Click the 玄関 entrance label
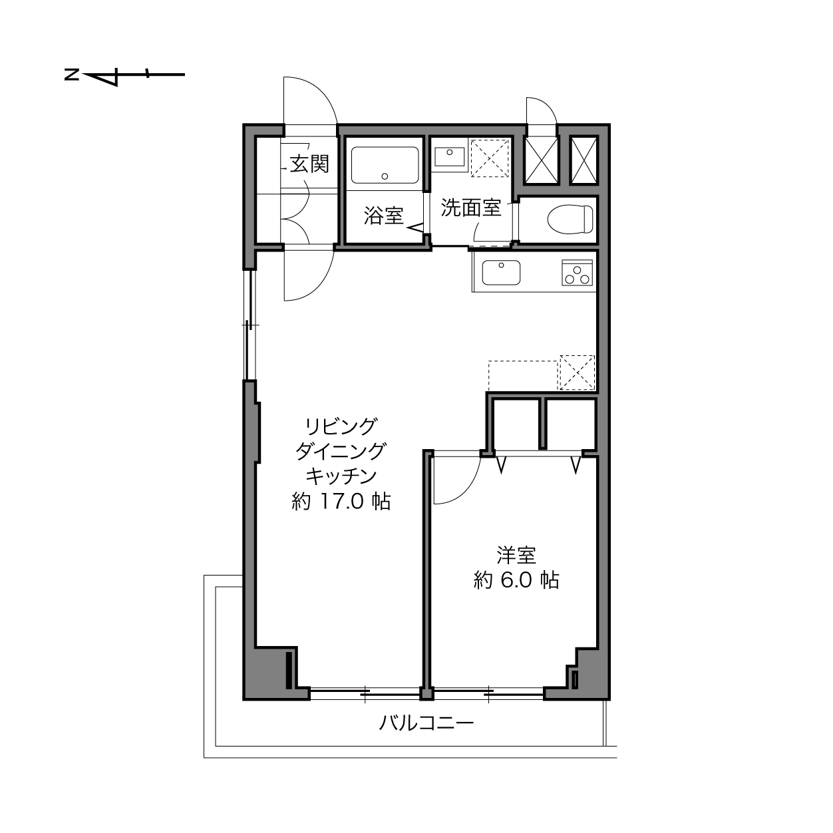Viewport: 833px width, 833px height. [309, 164]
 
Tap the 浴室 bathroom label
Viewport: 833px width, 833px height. [383, 216]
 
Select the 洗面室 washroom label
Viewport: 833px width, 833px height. [471, 208]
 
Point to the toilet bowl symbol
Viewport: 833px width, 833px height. [570, 219]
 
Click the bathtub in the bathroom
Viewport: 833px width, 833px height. [385, 165]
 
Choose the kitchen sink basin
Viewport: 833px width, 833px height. [501, 272]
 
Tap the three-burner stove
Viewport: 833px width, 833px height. [577, 272]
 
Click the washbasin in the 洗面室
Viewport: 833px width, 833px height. [450, 156]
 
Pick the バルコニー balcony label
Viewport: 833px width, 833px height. [426, 722]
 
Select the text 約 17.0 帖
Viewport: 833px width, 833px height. [341, 502]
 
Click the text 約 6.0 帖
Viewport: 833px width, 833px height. [516, 580]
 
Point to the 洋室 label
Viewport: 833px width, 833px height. [516, 555]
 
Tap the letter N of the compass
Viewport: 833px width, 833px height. [72, 75]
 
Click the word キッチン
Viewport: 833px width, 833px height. [341, 476]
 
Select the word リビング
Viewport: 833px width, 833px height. [341, 426]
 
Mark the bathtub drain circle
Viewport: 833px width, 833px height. [385, 176]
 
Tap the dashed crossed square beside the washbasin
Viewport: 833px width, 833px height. [490, 158]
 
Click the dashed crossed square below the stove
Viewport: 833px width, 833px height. [577, 373]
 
